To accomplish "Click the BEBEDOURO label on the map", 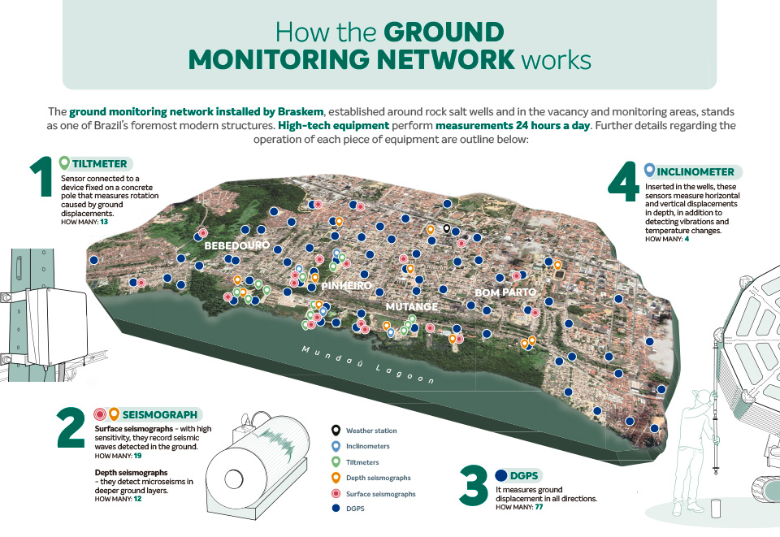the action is [x=236, y=245].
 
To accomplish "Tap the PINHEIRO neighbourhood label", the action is [x=347, y=285].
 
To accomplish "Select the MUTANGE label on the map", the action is [x=412, y=307].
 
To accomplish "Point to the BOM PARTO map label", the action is [x=505, y=292].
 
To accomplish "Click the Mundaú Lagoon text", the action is [x=368, y=365].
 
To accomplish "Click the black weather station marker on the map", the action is [x=447, y=229].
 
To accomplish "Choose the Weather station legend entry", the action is [x=371, y=431].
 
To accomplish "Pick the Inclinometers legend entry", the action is [x=367, y=447].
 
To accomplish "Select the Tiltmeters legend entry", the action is [x=362, y=462].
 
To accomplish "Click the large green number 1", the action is [x=41, y=176].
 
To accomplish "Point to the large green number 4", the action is [x=623, y=182].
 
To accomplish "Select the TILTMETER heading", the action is [x=99, y=163].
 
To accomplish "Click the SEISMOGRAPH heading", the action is [x=160, y=414].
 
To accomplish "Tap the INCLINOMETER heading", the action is [x=695, y=172].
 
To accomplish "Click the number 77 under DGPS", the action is [x=539, y=507].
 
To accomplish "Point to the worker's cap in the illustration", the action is [x=702, y=395].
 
